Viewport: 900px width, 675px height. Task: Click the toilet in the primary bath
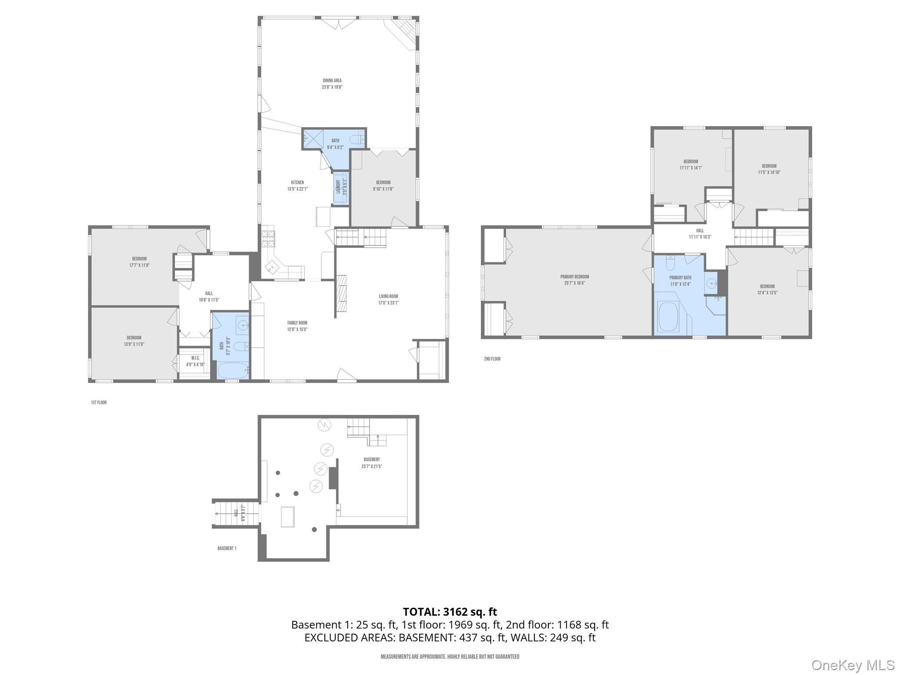(x=671, y=264)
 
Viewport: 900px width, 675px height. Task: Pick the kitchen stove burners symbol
(x=268, y=238)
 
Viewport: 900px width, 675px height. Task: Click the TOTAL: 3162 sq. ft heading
(x=450, y=612)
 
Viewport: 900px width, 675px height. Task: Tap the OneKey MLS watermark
(x=853, y=665)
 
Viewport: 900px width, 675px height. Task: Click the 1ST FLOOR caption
(x=99, y=403)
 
